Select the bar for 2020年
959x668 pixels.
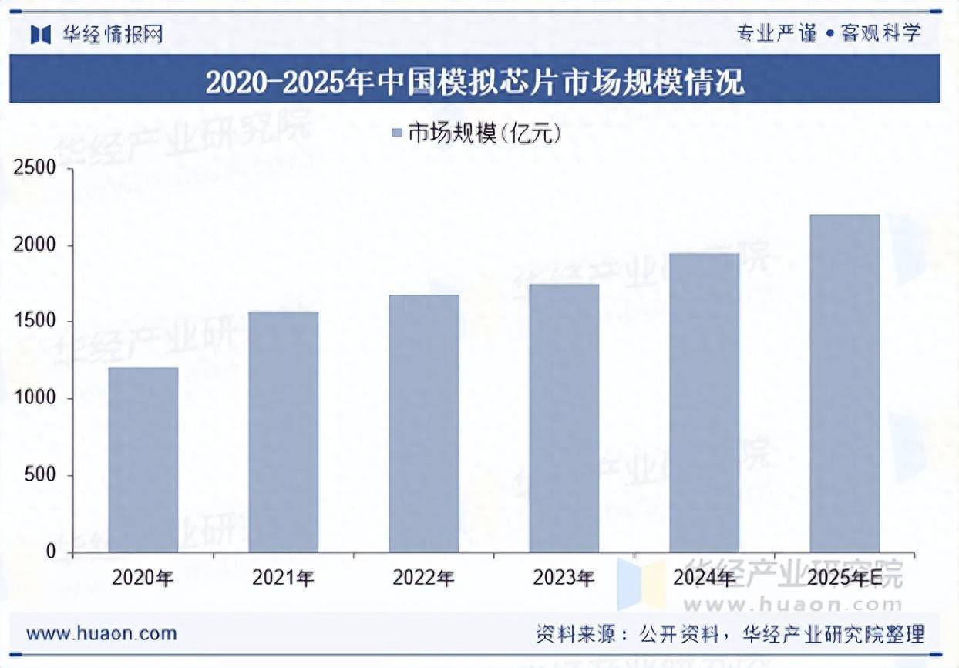[143, 460]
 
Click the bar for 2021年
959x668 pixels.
[284, 432]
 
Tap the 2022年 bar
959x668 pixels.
[424, 423]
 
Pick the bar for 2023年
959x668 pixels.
[564, 418]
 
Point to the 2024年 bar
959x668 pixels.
[705, 403]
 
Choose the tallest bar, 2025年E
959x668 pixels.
[845, 383]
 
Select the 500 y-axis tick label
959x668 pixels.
[40, 475]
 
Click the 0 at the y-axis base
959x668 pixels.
[51, 552]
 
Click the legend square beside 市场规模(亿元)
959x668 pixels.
[397, 133]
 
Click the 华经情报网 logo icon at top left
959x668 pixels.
[40, 34]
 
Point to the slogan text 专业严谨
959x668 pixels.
[776, 33]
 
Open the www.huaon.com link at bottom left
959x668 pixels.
[101, 634]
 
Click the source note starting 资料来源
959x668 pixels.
[729, 635]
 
